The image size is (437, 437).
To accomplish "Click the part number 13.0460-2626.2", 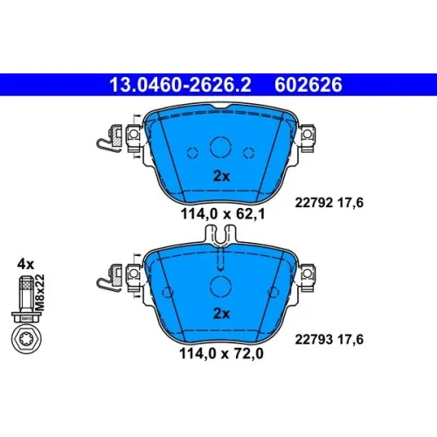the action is [180, 85].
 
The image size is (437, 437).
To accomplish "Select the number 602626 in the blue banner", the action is [309, 85].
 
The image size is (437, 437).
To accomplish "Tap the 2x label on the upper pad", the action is [222, 176].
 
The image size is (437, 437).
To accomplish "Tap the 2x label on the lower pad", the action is [222, 314].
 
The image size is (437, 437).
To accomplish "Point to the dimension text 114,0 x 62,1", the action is [223, 214].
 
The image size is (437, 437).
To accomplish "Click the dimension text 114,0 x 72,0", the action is [222, 353].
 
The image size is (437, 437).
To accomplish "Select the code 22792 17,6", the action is [329, 203].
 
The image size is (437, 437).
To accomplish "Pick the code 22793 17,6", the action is [329, 339].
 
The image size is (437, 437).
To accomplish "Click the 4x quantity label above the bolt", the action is [25, 264].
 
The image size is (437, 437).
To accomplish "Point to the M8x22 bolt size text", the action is [39, 292].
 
